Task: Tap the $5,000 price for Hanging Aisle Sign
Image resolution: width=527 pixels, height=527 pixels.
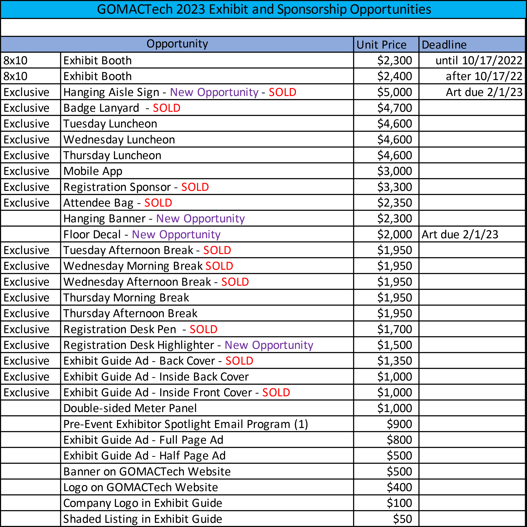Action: point(394,92)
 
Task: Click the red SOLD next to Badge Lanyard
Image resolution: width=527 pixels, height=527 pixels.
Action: point(166,108)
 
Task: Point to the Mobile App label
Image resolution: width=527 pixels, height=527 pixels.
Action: point(93,171)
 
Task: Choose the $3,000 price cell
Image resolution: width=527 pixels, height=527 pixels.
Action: point(394,171)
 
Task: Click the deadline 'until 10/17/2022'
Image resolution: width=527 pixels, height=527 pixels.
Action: point(478,61)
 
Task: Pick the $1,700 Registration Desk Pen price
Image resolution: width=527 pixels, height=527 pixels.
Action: point(394,329)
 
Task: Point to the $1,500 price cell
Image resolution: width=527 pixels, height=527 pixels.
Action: point(394,345)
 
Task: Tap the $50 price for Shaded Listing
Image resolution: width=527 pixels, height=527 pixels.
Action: point(402,519)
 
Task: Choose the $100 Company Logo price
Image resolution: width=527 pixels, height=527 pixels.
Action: point(399,503)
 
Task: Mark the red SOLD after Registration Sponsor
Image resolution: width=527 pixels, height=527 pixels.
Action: point(195,187)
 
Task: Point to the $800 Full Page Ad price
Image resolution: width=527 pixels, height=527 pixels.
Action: point(399,440)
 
